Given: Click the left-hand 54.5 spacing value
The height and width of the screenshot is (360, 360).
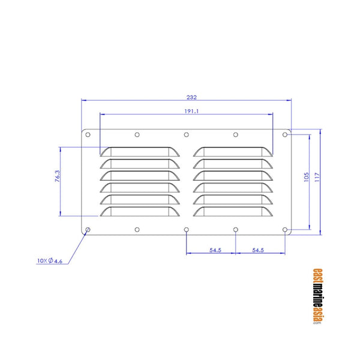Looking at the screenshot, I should (211, 250).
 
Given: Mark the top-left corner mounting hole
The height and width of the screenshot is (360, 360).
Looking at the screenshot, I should (88, 135).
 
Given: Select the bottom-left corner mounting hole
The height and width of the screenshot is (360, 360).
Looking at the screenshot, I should (88, 229).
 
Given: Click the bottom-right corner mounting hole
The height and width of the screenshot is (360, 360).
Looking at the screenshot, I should (285, 229).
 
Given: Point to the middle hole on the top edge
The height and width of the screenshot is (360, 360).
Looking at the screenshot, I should (187, 134).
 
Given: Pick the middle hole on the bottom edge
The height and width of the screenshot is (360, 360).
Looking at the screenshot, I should (187, 230).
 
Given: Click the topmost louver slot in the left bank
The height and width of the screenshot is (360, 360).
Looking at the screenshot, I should (140, 151).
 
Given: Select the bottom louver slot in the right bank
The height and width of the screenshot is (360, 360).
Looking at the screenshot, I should (233, 212).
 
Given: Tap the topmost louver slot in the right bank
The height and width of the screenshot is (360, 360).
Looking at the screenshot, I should (233, 151).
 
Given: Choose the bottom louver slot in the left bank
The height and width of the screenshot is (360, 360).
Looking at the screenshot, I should (140, 212).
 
